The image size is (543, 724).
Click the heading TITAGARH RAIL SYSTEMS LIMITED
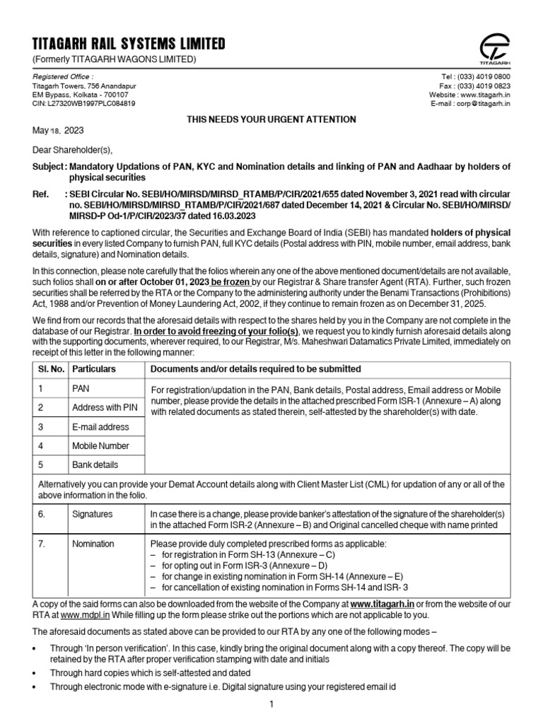tap(129, 44)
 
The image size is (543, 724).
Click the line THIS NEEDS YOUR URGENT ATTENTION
tap(271, 119)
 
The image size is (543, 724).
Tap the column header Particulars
tap(94, 369)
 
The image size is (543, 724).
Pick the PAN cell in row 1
tap(81, 389)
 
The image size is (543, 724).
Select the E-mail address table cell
tap(100, 427)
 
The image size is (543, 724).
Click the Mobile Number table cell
tap(100, 446)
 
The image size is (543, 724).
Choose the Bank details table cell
tap(95, 465)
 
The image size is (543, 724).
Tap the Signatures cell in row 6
tap(93, 515)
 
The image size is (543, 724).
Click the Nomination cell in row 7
tap(93, 544)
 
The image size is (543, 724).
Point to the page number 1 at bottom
tap(271, 704)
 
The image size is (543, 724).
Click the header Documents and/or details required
tap(255, 369)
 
